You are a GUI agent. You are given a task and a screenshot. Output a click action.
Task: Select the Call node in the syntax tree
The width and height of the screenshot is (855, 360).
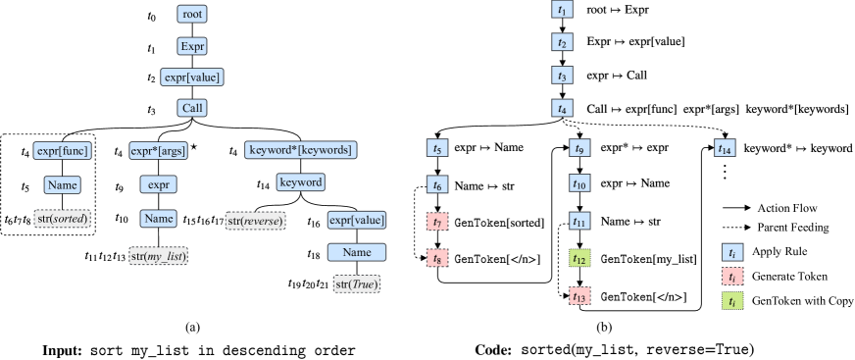click(x=192, y=108)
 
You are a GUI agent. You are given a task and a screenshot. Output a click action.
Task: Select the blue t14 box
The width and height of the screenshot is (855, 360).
click(x=725, y=150)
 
